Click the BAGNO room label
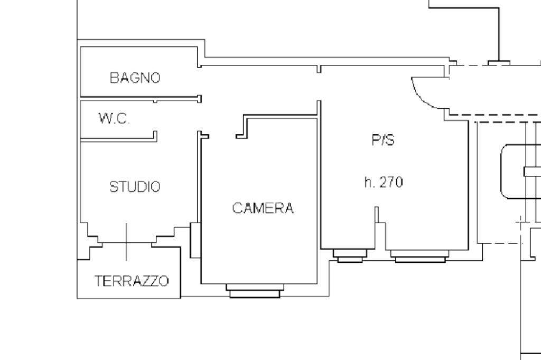(x=135, y=78)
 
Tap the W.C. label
(x=114, y=119)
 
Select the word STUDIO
(x=135, y=186)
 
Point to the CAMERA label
(x=263, y=208)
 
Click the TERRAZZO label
(x=132, y=281)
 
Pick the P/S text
(x=383, y=140)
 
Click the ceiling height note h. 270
(x=384, y=182)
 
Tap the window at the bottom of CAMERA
(x=255, y=291)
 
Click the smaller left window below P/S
(x=350, y=256)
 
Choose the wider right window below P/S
(x=420, y=257)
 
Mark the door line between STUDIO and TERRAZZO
(x=126, y=242)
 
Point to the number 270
(x=391, y=182)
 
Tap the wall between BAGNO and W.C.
(x=141, y=99)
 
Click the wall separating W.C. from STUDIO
(x=119, y=139)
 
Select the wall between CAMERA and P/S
(x=319, y=192)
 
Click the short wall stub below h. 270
(x=376, y=214)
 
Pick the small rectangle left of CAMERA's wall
(x=195, y=240)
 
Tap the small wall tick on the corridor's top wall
(x=319, y=69)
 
